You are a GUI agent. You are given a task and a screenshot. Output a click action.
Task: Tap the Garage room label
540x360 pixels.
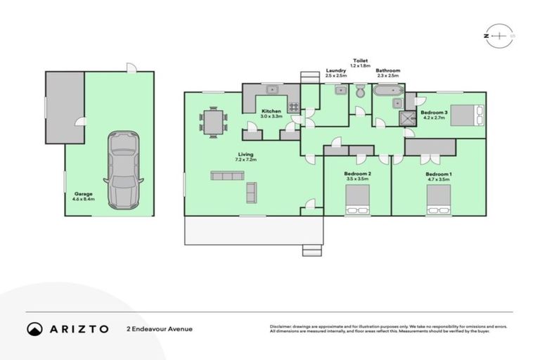pos(83,197)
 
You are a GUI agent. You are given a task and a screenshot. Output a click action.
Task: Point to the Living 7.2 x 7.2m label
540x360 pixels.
pos(245,157)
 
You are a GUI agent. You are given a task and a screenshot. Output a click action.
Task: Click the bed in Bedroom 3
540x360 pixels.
pos(468,113)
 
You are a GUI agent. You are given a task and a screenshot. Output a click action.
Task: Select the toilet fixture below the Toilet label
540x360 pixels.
pos(360,91)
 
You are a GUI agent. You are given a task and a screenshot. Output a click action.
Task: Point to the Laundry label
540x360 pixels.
pos(335,72)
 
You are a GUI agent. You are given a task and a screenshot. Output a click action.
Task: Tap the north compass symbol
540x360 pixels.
pos(499,34)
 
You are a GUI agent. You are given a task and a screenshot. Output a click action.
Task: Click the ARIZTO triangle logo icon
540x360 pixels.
pos(34,328)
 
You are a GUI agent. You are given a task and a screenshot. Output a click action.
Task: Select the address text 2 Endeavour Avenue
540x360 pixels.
pos(160,328)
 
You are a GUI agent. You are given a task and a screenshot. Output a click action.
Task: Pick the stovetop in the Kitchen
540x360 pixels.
pos(293,108)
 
